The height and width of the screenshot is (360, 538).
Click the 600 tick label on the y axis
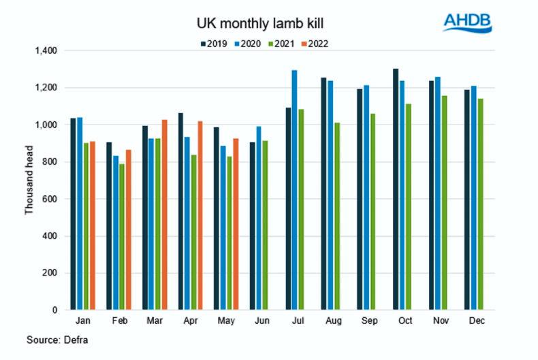51,199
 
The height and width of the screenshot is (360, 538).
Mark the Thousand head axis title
29,180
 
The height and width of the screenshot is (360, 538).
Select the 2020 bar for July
294,190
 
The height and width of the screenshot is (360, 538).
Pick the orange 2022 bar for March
163,214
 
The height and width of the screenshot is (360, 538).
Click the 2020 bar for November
438,193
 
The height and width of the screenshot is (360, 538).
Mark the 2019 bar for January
73,214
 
